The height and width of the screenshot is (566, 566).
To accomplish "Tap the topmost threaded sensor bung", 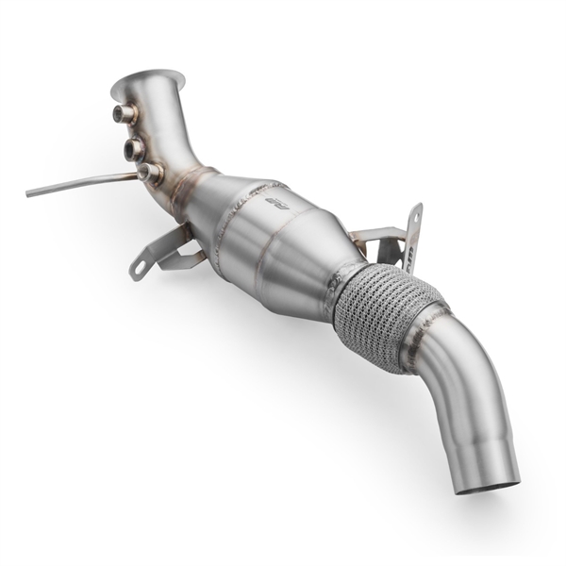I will click(124, 114).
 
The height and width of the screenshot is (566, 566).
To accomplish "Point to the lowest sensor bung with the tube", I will click(149, 173).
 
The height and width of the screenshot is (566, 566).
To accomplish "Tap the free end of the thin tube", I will click(29, 193).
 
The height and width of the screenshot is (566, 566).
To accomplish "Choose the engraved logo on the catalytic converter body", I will click(275, 204).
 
